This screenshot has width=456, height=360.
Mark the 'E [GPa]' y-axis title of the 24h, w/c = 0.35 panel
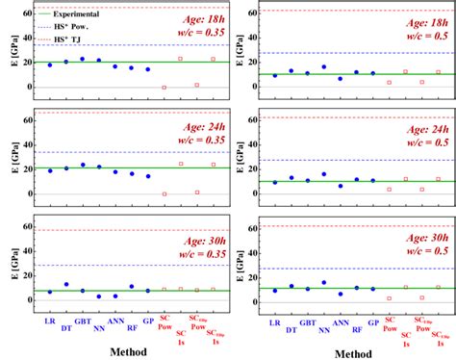10,154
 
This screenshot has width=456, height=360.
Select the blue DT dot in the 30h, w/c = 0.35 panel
66,284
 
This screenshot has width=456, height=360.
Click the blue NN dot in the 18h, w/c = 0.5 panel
323,67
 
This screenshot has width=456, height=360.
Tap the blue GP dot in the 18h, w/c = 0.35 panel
147,69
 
